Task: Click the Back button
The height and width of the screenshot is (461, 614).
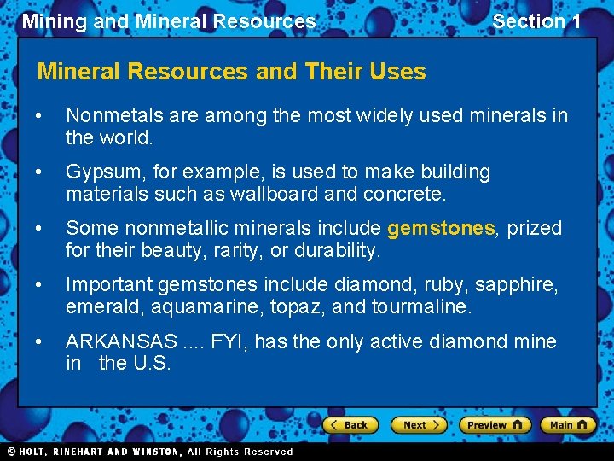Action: point(350,424)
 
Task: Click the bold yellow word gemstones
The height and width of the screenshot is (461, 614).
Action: point(441,228)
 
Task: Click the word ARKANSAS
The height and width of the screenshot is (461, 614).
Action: point(121,341)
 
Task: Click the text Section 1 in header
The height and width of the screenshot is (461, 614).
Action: point(536,21)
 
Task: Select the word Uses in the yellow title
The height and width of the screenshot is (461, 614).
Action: point(399,71)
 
